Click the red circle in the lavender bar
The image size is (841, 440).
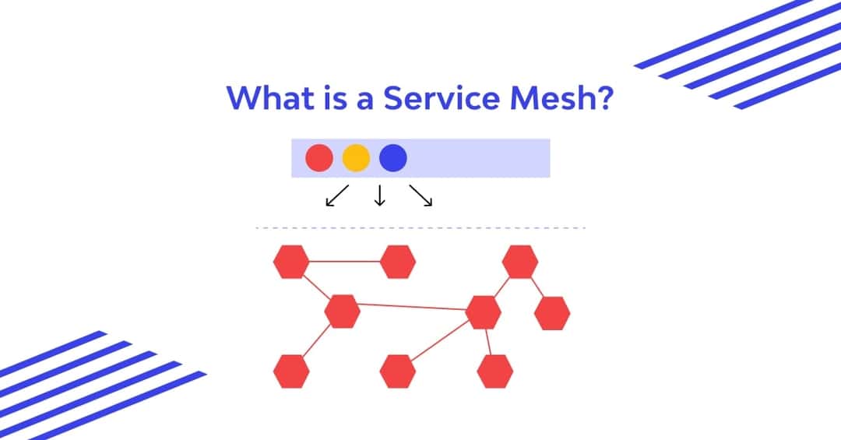[x=319, y=158]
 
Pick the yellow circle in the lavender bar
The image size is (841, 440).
[x=356, y=158]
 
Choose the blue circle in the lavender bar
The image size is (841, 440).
[x=392, y=158]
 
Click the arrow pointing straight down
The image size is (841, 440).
[x=380, y=196]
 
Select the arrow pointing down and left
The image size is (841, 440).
[x=336, y=196]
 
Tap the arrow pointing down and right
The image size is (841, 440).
[x=421, y=196]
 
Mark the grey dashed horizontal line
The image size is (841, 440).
[x=420, y=228]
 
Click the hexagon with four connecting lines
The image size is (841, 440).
[x=483, y=312]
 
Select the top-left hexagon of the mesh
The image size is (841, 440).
[x=291, y=262]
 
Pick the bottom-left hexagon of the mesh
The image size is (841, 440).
[x=291, y=371]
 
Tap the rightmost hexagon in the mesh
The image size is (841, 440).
[x=552, y=312]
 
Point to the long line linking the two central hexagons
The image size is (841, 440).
[x=413, y=308]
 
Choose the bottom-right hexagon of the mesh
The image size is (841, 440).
[x=494, y=371]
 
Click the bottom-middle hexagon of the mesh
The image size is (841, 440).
[x=398, y=371]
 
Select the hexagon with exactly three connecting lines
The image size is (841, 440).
[x=342, y=312]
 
